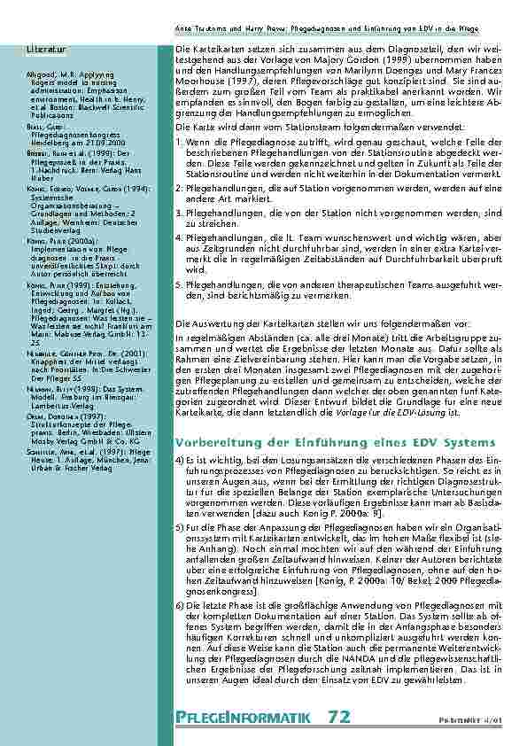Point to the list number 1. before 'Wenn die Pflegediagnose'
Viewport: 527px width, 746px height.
click(x=179, y=140)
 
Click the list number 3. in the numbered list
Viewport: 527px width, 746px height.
click(x=179, y=214)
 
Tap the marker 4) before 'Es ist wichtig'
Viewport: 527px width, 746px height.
click(x=180, y=461)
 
